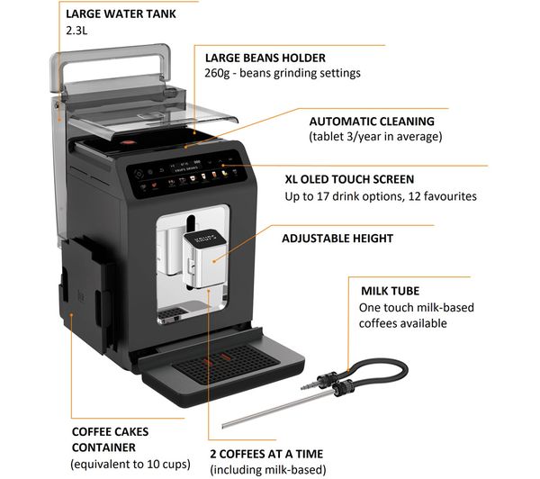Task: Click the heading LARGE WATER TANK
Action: [x=121, y=14]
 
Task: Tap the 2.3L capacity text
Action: [x=76, y=31]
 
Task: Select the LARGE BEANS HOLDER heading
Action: [x=265, y=58]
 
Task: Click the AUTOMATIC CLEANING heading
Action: [x=372, y=122]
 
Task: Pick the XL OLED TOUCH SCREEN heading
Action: [x=349, y=179]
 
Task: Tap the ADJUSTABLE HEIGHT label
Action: [x=337, y=238]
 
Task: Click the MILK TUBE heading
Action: [x=391, y=291]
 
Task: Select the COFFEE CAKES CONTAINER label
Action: [x=110, y=439]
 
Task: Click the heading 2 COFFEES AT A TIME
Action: [x=266, y=454]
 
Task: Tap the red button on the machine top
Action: [x=128, y=142]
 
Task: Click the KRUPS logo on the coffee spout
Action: [x=204, y=239]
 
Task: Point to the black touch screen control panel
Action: [x=186, y=174]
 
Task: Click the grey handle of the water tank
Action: [x=111, y=66]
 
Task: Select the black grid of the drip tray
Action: [x=226, y=365]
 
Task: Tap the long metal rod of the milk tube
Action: [x=275, y=409]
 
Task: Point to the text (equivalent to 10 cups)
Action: [x=130, y=465]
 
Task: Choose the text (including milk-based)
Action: [x=268, y=470]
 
